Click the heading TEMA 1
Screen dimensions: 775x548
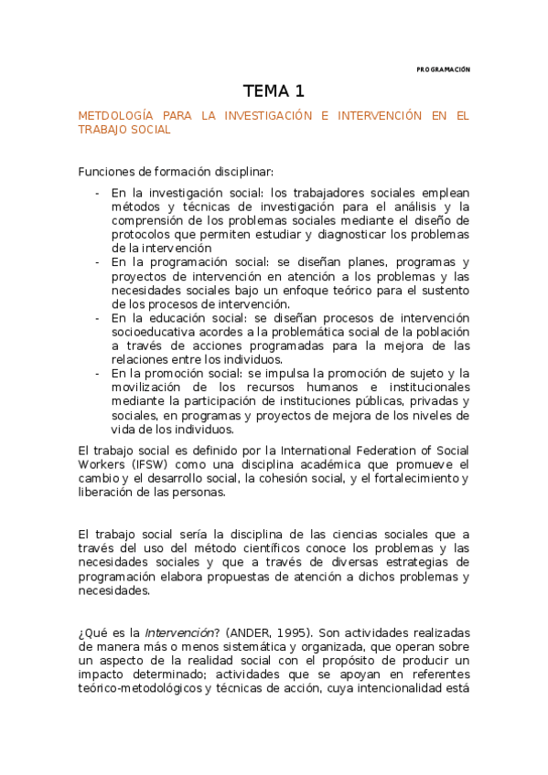pyautogui.click(x=274, y=91)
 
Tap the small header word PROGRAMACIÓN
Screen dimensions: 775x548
pyautogui.click(x=443, y=69)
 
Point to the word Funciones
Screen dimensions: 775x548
pyautogui.click(x=103, y=171)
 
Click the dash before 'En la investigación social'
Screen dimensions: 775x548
pyautogui.click(x=98, y=193)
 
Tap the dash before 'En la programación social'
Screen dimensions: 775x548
pyautogui.click(x=98, y=261)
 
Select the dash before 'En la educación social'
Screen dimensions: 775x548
pyautogui.click(x=98, y=318)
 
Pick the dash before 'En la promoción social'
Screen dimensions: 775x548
pyautogui.click(x=98, y=373)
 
